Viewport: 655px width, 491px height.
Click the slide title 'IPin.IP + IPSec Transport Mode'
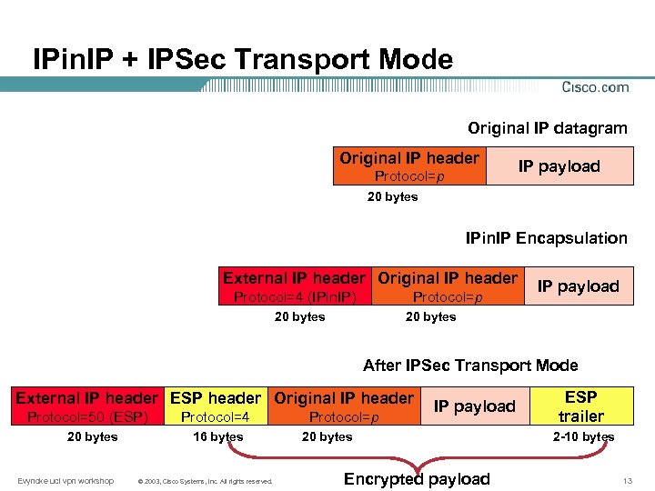click(x=242, y=60)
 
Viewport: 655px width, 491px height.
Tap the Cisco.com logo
click(x=595, y=87)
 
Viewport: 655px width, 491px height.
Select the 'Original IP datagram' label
click(x=547, y=128)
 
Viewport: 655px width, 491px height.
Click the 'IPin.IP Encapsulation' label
click(x=546, y=238)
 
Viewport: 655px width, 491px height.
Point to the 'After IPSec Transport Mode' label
click(x=469, y=366)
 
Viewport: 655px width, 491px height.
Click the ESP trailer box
click(x=580, y=406)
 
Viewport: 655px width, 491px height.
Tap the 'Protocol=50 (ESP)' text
click(x=87, y=417)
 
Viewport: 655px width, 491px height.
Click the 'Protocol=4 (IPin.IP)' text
click(x=294, y=297)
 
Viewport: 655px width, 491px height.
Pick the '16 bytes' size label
click(x=218, y=436)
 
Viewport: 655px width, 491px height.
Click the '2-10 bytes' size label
click(x=583, y=436)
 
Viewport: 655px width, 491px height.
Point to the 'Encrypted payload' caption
click(x=417, y=479)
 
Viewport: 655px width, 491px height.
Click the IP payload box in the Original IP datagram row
click(x=559, y=166)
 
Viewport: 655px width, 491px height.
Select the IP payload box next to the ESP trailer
click(x=473, y=406)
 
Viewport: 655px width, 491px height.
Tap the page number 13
click(x=627, y=480)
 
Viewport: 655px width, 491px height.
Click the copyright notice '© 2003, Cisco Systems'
click(x=203, y=481)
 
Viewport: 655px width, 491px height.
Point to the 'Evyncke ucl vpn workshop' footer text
click(x=65, y=480)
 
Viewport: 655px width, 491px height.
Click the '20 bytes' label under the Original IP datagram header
click(x=392, y=196)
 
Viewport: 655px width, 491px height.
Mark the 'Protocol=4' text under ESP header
click(x=216, y=417)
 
